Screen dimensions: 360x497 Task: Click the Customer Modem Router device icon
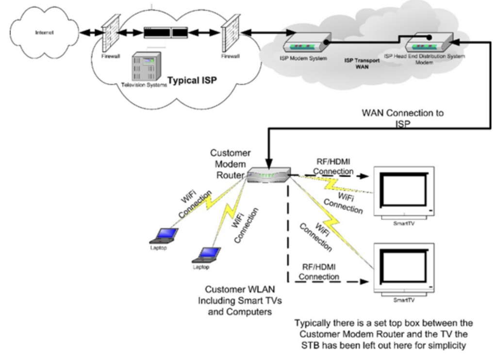pyautogui.click(x=268, y=175)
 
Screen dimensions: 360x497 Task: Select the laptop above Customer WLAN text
pyautogui.click(x=208, y=254)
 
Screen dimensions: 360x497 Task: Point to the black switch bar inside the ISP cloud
pyautogui.click(x=169, y=33)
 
